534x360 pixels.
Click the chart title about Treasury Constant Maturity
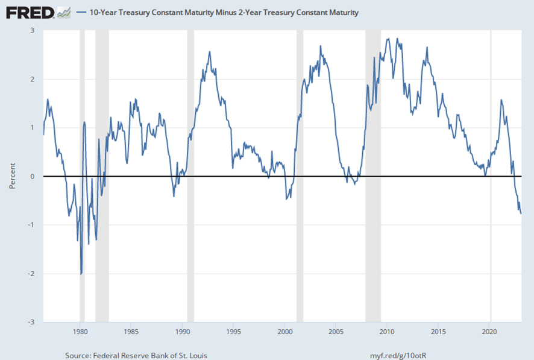[x=224, y=13]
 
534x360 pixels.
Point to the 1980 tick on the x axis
[x=80, y=331]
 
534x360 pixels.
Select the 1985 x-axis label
[x=131, y=331]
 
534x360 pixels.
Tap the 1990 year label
[x=183, y=331]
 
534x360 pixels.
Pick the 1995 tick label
[x=234, y=331]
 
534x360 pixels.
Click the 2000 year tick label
[x=285, y=331]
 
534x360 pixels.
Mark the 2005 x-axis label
[x=336, y=331]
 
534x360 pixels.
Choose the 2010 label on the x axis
[x=388, y=331]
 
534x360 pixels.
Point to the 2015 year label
[x=439, y=331]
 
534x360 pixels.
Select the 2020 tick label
[x=490, y=331]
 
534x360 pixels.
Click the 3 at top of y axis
[x=32, y=31]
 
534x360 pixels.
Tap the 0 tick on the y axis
[x=32, y=176]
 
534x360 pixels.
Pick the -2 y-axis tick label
[x=31, y=274]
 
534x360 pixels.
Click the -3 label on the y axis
[x=31, y=322]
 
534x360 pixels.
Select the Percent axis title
[x=12, y=176]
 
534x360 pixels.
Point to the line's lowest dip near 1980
[x=81, y=274]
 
